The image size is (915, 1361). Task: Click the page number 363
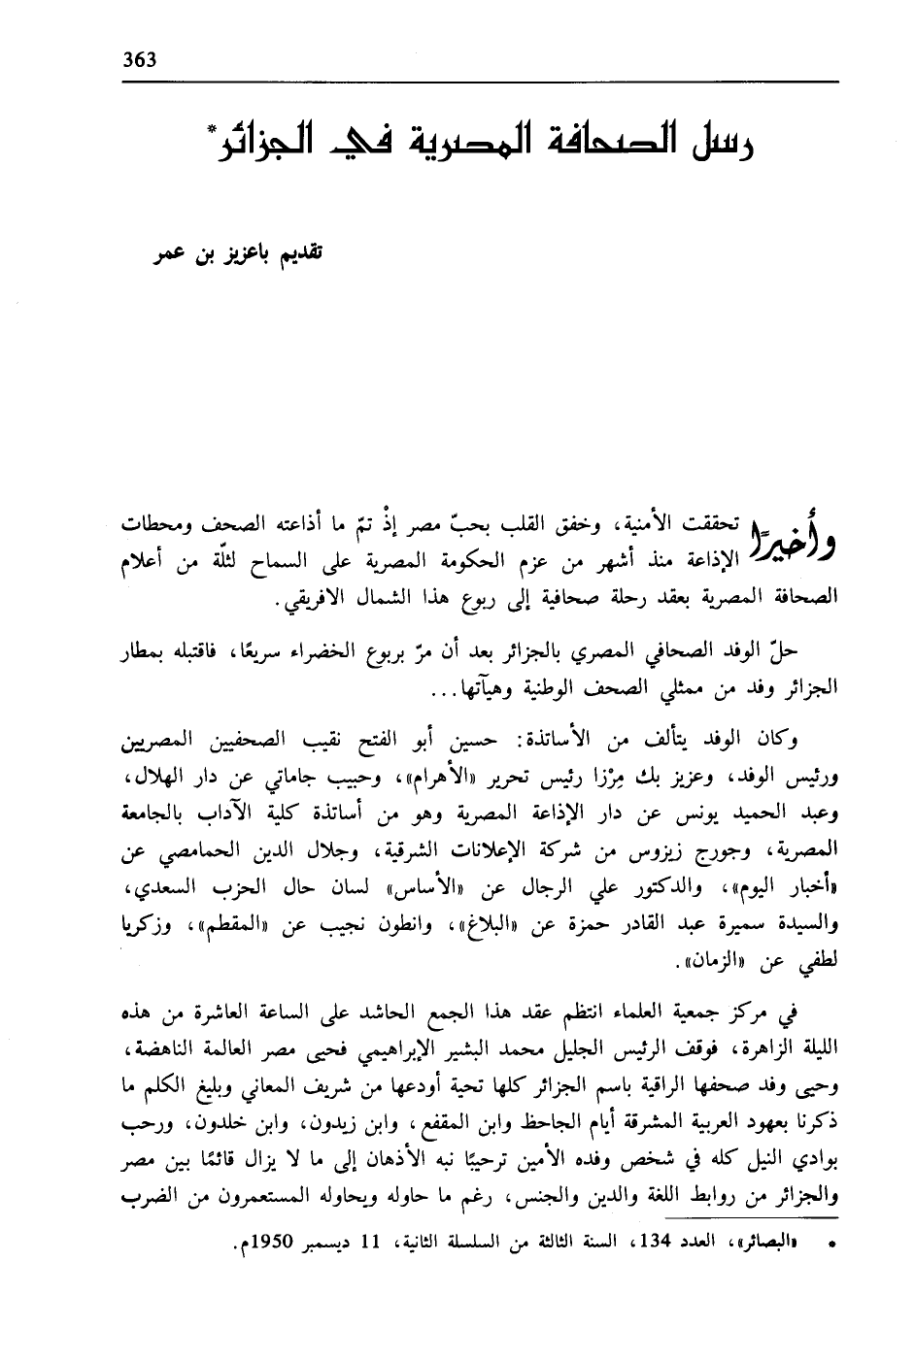pos(139,58)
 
